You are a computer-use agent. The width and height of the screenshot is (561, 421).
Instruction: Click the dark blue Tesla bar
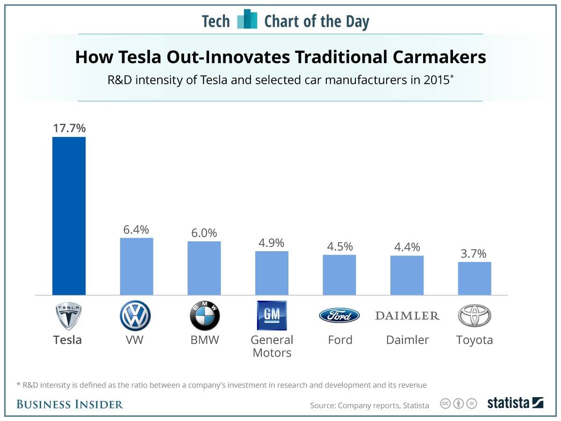pyautogui.click(x=69, y=216)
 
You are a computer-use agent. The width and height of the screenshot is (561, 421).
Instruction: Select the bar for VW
pyautogui.click(x=137, y=266)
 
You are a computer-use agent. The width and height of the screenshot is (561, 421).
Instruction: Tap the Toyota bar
pyautogui.click(x=475, y=278)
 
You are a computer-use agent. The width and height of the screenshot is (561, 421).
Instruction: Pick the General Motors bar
pyautogui.click(x=272, y=273)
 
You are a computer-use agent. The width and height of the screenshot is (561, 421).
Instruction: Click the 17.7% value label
pyautogui.click(x=69, y=128)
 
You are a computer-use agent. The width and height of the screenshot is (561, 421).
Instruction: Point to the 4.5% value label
pyautogui.click(x=340, y=247)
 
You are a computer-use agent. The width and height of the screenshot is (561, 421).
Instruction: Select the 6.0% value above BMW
pyautogui.click(x=204, y=233)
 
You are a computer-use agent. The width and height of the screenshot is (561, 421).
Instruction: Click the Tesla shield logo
pyautogui.click(x=69, y=315)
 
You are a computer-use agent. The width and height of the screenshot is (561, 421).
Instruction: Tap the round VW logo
pyautogui.click(x=135, y=315)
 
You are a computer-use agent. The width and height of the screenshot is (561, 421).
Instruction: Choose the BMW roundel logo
pyautogui.click(x=204, y=315)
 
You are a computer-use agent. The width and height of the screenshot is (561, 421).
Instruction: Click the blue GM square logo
pyautogui.click(x=272, y=315)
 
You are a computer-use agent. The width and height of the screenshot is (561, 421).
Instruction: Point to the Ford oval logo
pyautogui.click(x=339, y=315)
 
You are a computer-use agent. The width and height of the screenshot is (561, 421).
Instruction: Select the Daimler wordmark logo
pyautogui.click(x=407, y=316)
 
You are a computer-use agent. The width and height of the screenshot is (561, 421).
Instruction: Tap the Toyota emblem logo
pyautogui.click(x=475, y=315)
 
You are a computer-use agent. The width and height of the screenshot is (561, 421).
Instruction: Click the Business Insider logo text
pyautogui.click(x=70, y=404)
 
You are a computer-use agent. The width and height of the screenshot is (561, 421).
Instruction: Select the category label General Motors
pyautogui.click(x=272, y=346)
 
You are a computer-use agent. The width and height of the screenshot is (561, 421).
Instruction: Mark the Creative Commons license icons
pyautogui.click(x=458, y=403)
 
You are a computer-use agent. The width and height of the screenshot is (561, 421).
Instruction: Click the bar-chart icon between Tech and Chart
pyautogui.click(x=247, y=20)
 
